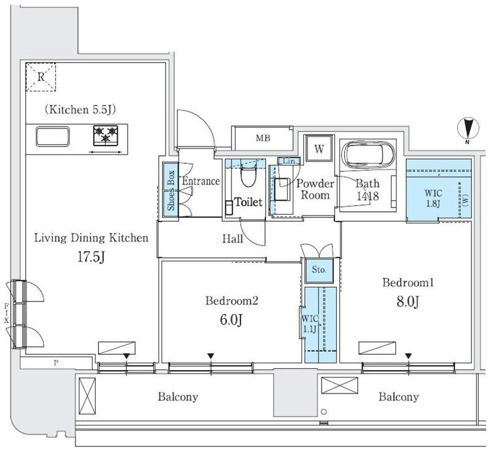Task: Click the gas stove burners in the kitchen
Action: pos(106,135)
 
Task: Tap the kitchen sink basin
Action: pos(53,136)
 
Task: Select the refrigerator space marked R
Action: pos(41,77)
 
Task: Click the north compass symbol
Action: pos(468,129)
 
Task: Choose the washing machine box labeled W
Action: pos(319,149)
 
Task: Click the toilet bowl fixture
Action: pos(249,176)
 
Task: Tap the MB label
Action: pos(263,138)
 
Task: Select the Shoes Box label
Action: pos(171,190)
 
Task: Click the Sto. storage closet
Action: pos(319,270)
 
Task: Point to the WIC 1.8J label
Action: pos(433,198)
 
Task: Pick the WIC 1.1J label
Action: pos(310,324)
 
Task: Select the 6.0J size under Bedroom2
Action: pos(231,320)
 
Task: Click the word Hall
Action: pos(233,239)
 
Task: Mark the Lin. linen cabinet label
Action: pos(289,161)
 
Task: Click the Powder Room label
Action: pos(315,189)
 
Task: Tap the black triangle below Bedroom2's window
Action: pos(211,356)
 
